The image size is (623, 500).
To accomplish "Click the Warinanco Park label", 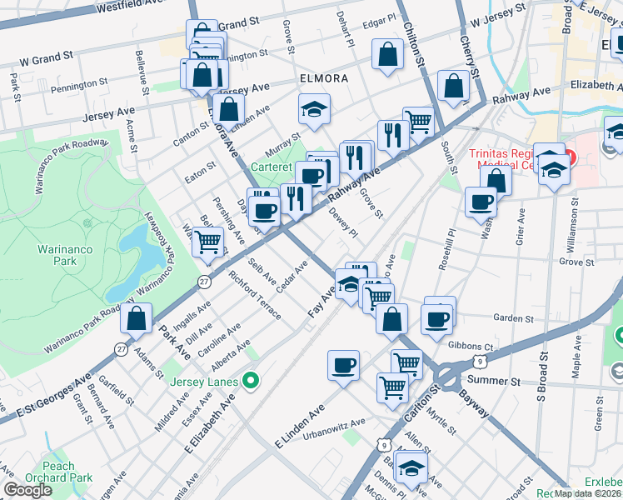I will coord(57,255).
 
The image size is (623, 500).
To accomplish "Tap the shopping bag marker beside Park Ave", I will coord(136,318).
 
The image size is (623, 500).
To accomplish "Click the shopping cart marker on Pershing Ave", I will coord(210,242).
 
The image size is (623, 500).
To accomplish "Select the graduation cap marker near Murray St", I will coord(314,108).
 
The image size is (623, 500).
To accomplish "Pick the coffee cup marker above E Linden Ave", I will coord(342,365).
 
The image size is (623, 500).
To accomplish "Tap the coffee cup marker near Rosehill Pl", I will coord(481,202).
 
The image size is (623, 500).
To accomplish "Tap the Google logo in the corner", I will coord(27,490).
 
